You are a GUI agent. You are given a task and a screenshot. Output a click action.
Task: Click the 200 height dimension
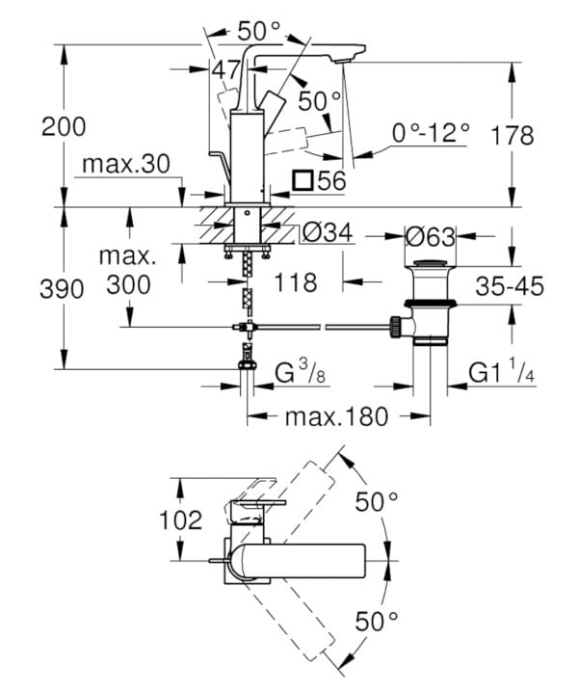click(x=65, y=126)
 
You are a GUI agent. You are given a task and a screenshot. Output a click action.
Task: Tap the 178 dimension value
click(x=511, y=135)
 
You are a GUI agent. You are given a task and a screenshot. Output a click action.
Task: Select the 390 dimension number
click(x=65, y=289)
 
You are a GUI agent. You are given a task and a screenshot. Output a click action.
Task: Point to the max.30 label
click(x=126, y=164)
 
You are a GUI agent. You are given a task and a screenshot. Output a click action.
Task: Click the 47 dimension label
click(x=225, y=69)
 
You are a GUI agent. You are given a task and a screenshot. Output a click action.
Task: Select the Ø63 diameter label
click(x=429, y=235)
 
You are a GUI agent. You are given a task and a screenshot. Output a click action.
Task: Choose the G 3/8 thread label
click(x=302, y=371)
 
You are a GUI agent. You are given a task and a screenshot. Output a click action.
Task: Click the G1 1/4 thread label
click(x=502, y=371)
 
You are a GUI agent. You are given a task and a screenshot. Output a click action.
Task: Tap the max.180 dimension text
click(x=337, y=416)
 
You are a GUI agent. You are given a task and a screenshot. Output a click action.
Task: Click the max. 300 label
click(x=126, y=271)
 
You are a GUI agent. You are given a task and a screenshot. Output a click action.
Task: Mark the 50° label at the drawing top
click(x=258, y=30)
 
